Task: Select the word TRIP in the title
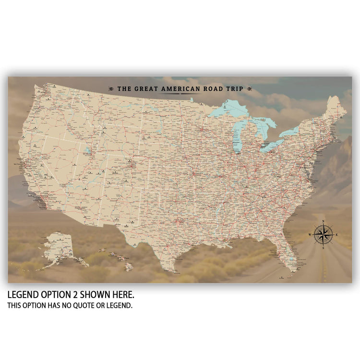(x=235, y=89)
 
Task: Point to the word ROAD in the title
(x=214, y=89)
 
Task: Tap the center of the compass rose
(x=324, y=234)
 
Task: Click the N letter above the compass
(x=324, y=221)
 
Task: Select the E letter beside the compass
(x=336, y=234)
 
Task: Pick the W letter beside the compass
(x=310, y=234)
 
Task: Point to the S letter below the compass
(x=324, y=248)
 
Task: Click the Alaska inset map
(x=60, y=247)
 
